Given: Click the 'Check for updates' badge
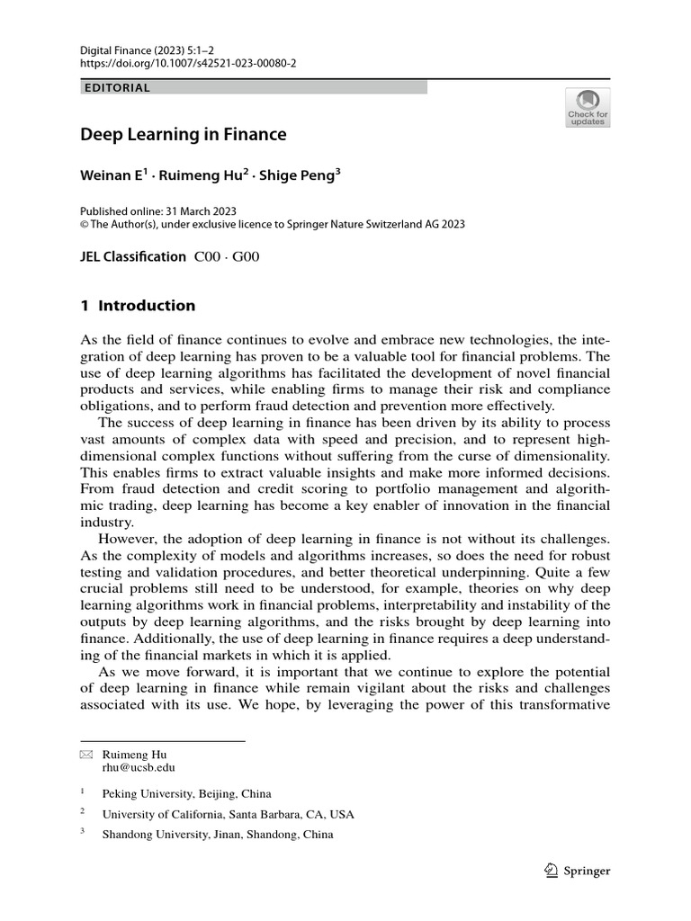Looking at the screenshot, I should pyautogui.click(x=588, y=107).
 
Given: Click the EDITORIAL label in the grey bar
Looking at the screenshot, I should pyautogui.click(x=116, y=88).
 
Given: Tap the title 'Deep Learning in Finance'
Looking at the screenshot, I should pyautogui.click(x=184, y=135).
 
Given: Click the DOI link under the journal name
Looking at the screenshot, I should pyautogui.click(x=188, y=65).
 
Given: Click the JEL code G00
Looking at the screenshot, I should pyautogui.click(x=246, y=256).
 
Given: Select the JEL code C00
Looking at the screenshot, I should pyautogui.click(x=211, y=256).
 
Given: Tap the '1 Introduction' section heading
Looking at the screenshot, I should pyautogui.click(x=138, y=306).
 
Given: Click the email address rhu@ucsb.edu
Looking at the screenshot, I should pyautogui.click(x=139, y=768).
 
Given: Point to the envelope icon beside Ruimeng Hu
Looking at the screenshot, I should pyautogui.click(x=86, y=755).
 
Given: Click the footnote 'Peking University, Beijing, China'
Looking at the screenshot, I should pyautogui.click(x=186, y=794).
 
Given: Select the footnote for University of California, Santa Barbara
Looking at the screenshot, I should pyautogui.click(x=229, y=814).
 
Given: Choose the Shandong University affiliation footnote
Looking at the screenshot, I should pyautogui.click(x=218, y=834).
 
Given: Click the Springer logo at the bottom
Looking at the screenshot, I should pyautogui.click(x=578, y=871).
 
